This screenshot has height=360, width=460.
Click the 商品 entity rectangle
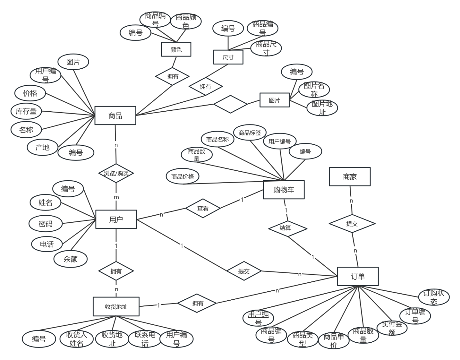115,115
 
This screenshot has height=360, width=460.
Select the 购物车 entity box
283,190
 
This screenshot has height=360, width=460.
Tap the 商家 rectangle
350,177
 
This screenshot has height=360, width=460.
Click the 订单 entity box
358,276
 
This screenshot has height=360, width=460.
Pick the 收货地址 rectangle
116,307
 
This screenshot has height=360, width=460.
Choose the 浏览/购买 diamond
116,173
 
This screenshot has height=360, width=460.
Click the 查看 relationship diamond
203,208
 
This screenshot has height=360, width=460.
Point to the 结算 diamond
288,228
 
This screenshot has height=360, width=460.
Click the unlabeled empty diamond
230,104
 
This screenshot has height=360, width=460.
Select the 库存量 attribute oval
26,112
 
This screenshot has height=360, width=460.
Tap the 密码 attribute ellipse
46,224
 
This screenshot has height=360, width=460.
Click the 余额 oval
71,259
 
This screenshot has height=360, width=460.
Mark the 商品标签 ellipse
250,133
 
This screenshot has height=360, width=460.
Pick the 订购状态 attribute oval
434,297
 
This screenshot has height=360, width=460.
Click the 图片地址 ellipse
322,108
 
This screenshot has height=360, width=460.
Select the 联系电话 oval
145,339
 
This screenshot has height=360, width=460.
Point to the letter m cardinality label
116,197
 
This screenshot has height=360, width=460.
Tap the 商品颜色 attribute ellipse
186,21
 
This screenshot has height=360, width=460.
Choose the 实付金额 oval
392,328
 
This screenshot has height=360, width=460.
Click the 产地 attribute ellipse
42,147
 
